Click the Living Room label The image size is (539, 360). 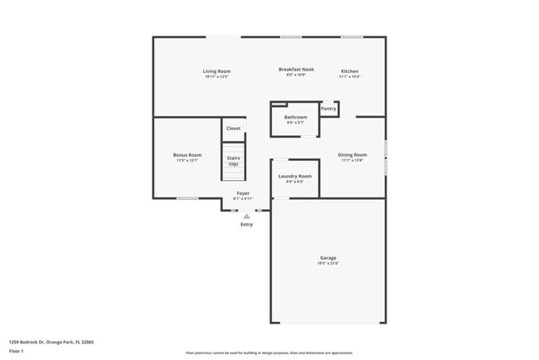(216, 71)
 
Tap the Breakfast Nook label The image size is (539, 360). (296, 69)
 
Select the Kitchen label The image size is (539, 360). (350, 71)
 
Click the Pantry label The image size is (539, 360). (328, 108)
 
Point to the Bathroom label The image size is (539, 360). (296, 117)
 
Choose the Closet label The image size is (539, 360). (234, 129)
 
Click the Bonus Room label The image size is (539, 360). (187, 155)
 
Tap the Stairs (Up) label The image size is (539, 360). (234, 160)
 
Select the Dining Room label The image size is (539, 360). (352, 154)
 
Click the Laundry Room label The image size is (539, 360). (294, 176)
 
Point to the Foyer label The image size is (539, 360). (243, 193)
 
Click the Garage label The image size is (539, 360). (328, 258)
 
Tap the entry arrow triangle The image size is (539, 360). (246, 216)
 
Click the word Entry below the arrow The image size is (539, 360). (246, 225)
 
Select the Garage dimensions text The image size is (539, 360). (328, 264)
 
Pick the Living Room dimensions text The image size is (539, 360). (216, 76)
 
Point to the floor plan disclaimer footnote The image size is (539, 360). (269, 353)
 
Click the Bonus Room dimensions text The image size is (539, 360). (187, 160)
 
